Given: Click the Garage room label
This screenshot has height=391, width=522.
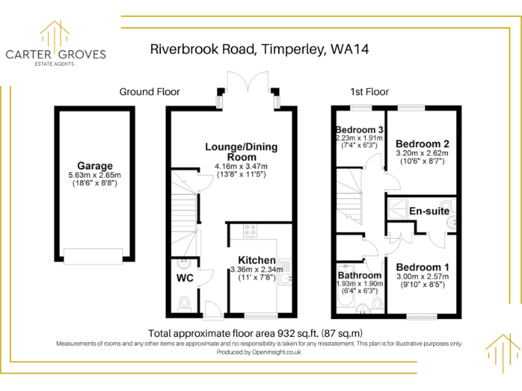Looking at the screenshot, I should tap(94, 166).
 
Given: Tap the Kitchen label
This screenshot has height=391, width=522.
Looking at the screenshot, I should tap(256, 260).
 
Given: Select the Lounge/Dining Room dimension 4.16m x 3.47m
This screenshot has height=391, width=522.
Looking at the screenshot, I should tap(241, 166).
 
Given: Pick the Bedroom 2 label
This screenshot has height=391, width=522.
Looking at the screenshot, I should tap(422, 144).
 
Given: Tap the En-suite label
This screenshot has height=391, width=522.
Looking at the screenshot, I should tap(429, 211).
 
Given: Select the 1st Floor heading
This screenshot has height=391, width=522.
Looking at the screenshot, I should tap(369, 92).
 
